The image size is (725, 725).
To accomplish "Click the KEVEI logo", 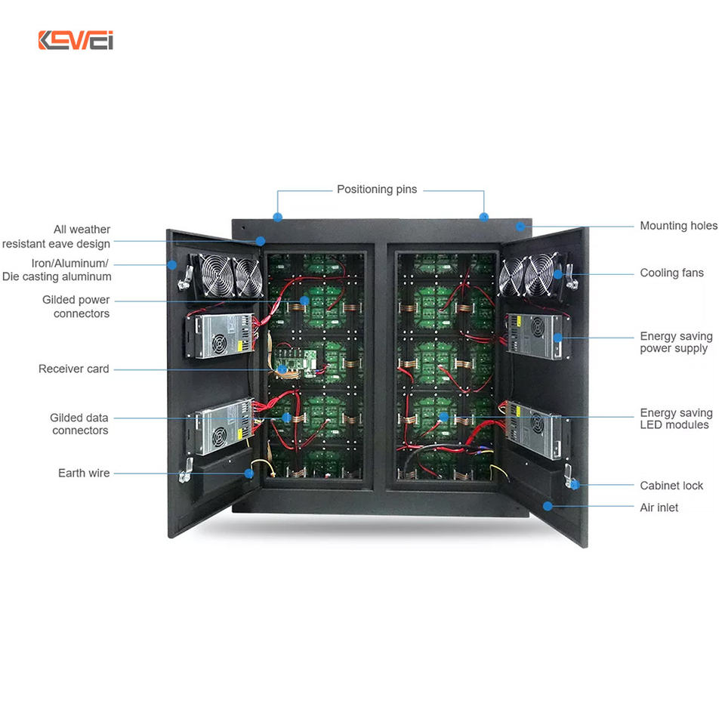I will click(76, 40).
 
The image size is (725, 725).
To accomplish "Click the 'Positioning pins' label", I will click(376, 190).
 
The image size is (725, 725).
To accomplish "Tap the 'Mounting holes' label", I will click(678, 226).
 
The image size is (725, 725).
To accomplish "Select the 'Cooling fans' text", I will click(671, 273).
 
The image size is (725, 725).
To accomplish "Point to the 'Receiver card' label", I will click(74, 369).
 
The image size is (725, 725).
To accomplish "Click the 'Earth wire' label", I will click(84, 474).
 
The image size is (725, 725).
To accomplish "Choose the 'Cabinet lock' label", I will click(671, 486).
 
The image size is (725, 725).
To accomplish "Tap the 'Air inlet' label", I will click(659, 507).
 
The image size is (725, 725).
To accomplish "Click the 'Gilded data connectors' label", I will click(79, 424).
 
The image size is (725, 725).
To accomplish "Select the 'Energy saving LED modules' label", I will click(675, 418).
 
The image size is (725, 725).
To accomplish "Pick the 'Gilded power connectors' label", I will click(76, 307).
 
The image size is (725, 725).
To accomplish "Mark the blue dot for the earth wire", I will click(248, 474).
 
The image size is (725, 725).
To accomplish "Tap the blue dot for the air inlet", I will click(548, 506).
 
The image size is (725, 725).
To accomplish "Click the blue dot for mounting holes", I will click(520, 226).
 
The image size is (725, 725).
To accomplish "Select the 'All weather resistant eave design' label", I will click(57, 236).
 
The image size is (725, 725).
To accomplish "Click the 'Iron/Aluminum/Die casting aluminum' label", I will click(57, 270).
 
